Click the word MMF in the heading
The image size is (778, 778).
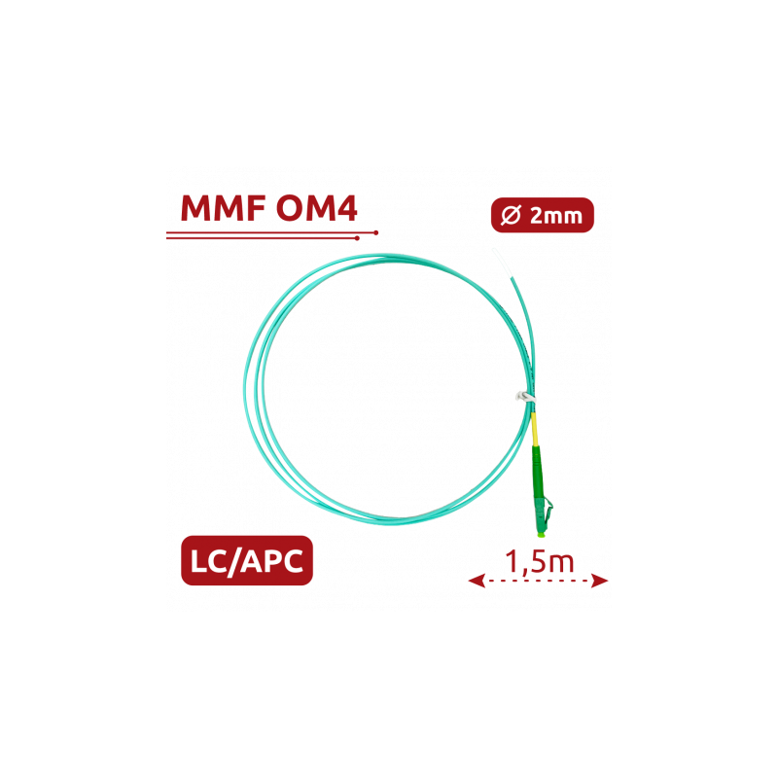223,208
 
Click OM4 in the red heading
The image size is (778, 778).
317,208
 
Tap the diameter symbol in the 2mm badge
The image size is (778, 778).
512,215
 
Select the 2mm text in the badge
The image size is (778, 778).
555,216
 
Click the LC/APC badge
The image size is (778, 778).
247,560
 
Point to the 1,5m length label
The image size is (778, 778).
540,562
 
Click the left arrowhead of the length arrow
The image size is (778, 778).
477,581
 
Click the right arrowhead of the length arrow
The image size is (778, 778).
599,581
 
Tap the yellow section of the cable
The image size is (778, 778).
534,429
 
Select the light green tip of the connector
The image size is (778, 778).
541,534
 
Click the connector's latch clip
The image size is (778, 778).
548,510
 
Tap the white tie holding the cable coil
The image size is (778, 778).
524,397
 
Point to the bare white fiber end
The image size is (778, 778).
502,263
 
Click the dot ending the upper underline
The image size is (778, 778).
376,232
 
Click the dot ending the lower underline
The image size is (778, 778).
357,238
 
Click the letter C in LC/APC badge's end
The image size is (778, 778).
293,561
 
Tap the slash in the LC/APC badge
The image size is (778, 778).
233,562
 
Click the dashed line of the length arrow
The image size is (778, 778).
539,581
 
